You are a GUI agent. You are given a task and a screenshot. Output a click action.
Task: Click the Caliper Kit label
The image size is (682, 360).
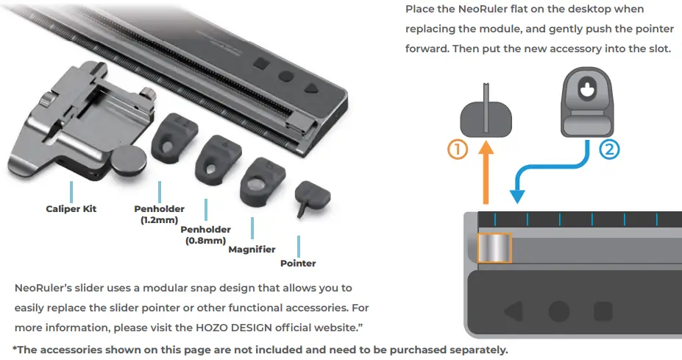(x=71, y=209)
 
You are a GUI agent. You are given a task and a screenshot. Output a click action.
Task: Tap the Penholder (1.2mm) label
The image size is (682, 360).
(x=159, y=214)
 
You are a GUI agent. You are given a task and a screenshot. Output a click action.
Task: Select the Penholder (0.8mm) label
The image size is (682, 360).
(x=205, y=235)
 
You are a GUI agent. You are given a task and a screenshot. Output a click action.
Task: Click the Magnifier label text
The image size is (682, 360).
(x=252, y=250)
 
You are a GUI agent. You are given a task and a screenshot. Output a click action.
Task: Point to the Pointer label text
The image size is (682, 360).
(x=298, y=264)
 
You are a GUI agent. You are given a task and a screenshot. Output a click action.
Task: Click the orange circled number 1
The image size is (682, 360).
(x=458, y=149)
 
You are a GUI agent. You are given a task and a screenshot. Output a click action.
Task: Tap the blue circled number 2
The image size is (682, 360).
(x=609, y=149)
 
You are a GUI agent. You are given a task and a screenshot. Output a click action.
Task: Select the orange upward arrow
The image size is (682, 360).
(x=486, y=172)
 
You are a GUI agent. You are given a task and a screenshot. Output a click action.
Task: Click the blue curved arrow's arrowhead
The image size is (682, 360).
(x=516, y=197)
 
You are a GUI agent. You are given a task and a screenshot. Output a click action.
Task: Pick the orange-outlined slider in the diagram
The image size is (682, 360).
(x=494, y=248)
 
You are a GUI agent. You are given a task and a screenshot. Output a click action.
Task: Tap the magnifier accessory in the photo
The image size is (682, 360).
(x=263, y=182)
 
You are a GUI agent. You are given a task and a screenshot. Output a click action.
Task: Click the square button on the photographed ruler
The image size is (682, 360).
(x=261, y=65)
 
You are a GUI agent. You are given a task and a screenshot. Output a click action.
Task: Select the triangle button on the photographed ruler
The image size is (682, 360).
(x=312, y=88)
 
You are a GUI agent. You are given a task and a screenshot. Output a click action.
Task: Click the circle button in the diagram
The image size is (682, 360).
(x=559, y=311)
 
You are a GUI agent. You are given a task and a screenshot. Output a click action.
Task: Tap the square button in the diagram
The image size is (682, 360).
(x=603, y=311)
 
